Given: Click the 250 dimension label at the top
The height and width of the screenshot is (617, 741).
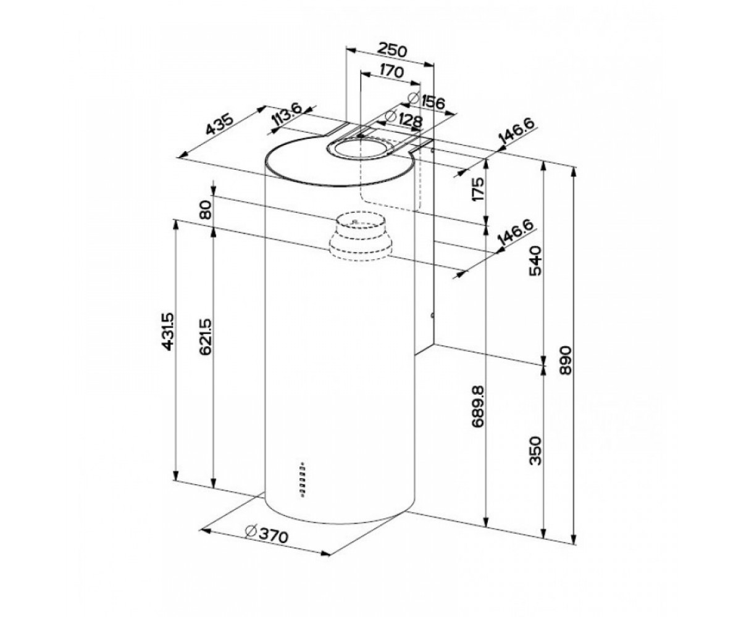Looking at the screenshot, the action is pos(391,50).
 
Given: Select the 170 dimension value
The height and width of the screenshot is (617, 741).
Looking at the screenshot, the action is pos(391,72).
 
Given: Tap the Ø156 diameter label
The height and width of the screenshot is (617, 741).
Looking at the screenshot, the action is pos(426,101).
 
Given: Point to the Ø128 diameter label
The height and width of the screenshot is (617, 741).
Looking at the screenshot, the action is pos(404,120).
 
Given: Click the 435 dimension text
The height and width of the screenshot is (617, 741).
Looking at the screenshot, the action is pos(220,124).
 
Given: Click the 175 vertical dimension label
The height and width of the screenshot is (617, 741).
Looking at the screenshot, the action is pos(478,189).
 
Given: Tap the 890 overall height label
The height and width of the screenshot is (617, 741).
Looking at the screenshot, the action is pos(566,360).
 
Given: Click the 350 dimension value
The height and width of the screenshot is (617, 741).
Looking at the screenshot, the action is pos(535,450).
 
